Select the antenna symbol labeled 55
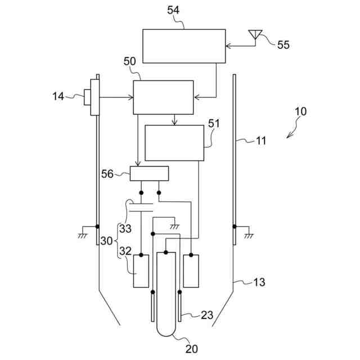(255, 34)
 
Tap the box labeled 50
(163, 97)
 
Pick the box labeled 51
(174, 143)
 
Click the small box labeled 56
(149, 174)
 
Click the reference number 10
(301, 111)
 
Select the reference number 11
(260, 141)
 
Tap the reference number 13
(260, 282)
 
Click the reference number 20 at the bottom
(191, 349)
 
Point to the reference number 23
(206, 316)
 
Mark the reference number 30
(107, 241)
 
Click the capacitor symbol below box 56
(141, 206)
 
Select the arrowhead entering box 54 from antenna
(227, 46)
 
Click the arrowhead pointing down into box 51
(175, 123)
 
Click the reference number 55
(283, 45)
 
